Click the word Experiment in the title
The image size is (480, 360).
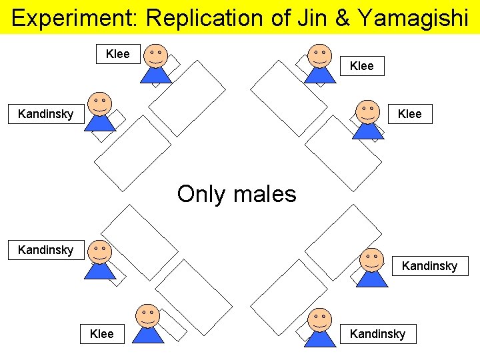73,17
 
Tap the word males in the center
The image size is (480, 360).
265,194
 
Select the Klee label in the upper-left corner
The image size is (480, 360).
118,54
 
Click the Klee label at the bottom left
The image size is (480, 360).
101,333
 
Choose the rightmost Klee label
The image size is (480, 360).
409,114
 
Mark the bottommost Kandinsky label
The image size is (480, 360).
377,333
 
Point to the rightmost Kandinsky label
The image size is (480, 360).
429,266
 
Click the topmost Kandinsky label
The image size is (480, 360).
45,114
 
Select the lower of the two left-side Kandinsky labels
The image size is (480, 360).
45,250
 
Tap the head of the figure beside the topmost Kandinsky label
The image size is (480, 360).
100,103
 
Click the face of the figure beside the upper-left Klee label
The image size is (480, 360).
156,55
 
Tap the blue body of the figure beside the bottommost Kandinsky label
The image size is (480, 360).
320,338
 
